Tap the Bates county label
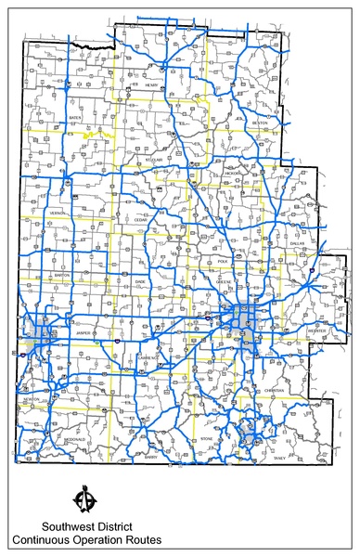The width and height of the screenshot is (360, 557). (75, 119)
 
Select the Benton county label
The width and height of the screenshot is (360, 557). (261, 123)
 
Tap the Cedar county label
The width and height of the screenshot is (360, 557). (140, 219)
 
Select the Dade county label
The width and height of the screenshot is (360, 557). (140, 280)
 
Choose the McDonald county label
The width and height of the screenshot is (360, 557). (74, 439)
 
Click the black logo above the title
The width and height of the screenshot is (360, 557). (85, 499)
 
